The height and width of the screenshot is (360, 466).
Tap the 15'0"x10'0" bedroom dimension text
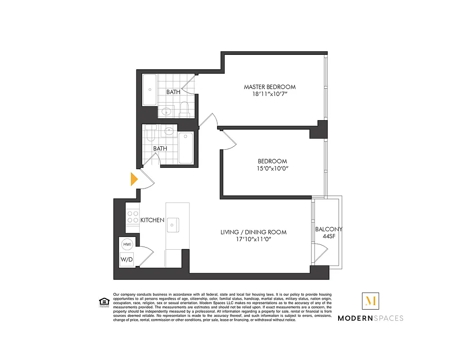272,169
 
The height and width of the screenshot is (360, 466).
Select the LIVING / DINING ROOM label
253,232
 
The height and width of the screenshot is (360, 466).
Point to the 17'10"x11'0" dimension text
253,239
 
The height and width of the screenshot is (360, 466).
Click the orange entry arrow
133,179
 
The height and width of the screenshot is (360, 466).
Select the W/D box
126,260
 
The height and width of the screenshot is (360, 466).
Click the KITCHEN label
152,220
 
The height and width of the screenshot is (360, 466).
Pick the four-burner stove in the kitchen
132,217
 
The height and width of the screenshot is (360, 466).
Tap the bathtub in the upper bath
149,90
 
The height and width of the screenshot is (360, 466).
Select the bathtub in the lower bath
185,148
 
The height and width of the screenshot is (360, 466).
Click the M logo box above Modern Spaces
371,301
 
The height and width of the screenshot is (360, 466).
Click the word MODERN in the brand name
355,318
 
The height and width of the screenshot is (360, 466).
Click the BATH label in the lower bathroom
160,148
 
